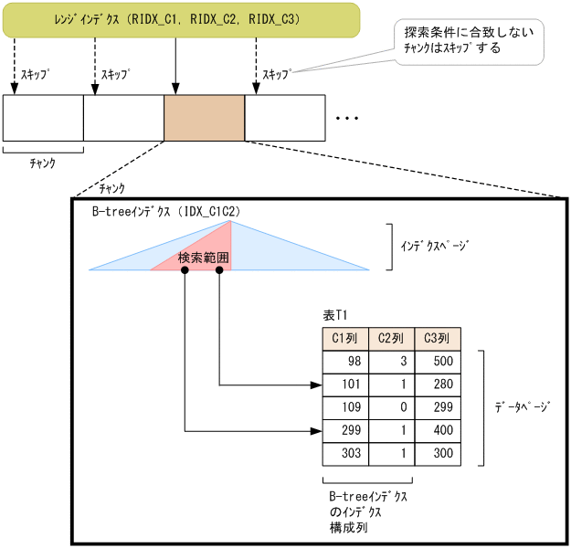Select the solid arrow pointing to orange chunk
pos(174,66)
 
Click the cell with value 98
pos(345,362)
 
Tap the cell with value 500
pos(438,362)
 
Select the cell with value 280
pos(438,385)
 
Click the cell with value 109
pos(345,407)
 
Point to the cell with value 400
pos(438,430)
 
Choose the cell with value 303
pos(345,453)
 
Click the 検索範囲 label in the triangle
pos(204,259)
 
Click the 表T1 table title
pos(335,315)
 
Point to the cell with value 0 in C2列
pos(391,407)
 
